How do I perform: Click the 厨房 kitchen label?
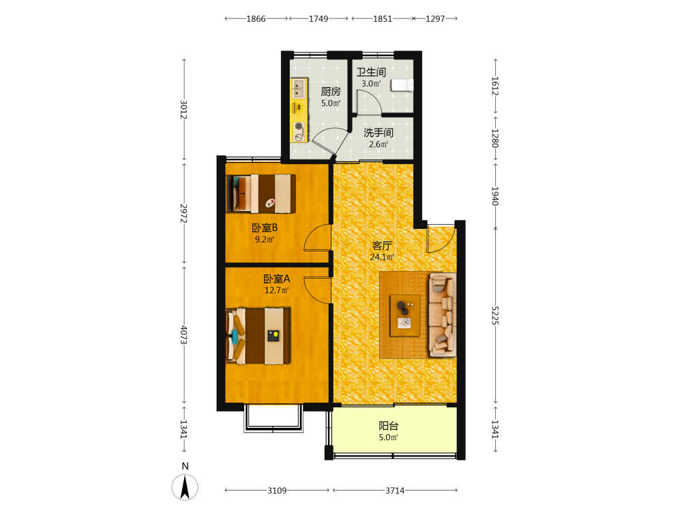coord(331,92)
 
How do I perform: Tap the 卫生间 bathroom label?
coord(371,72)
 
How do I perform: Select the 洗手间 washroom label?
coord(379,133)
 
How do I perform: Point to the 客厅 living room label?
coord(382,245)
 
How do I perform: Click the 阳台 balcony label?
coord(389,426)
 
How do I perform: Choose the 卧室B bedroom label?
coord(265,228)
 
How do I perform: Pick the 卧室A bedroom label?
coord(277,279)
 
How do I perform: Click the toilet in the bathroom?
coord(402,84)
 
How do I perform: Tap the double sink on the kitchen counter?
coord(299,88)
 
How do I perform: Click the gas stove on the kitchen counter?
coord(299,131)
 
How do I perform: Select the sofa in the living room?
coord(443,315)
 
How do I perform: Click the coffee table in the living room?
coord(405,315)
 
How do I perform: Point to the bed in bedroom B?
coord(261,193)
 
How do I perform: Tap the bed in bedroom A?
coord(258,335)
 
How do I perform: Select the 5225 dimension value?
coord(495,315)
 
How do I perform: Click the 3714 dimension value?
coord(395,491)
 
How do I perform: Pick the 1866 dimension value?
coord(256,18)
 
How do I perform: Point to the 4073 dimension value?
coord(184,335)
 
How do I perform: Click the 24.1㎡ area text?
coord(382,257)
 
